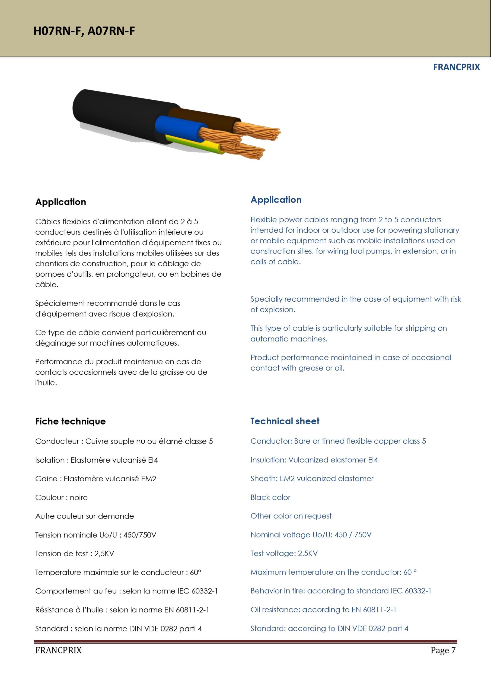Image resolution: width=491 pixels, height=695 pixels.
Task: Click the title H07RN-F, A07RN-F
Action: pos(84,31)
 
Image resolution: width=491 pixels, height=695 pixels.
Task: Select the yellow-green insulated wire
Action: pos(197,145)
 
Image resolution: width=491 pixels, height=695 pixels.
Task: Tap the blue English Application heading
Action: pos(276,200)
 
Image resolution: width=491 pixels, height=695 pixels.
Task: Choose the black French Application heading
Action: pos(60,202)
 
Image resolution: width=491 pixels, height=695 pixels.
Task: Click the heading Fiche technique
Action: pos(71,421)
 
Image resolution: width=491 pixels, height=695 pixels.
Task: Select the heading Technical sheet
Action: pos(285,421)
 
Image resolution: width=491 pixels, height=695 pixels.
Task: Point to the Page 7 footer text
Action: pos(443,650)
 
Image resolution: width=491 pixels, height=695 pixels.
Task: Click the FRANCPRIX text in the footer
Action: pos(58,650)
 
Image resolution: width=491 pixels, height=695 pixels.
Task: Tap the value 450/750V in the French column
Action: pos(140,535)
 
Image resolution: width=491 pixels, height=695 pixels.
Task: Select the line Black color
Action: pos(270,497)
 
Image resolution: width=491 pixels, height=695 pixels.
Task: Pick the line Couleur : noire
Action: pos(61,498)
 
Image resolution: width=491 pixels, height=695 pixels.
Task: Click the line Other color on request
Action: pos(291,516)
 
